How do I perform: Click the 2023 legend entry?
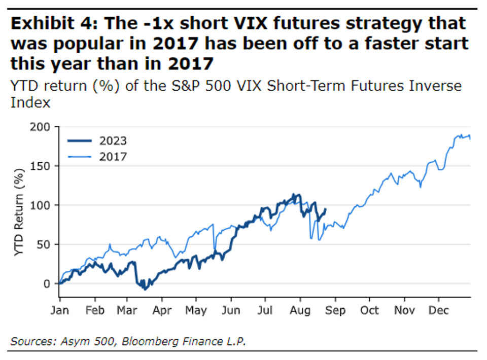112,141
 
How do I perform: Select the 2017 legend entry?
112,157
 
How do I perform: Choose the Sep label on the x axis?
335,311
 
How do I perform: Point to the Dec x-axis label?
439,311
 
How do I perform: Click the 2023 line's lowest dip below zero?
145,289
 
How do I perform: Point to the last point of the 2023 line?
326,208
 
